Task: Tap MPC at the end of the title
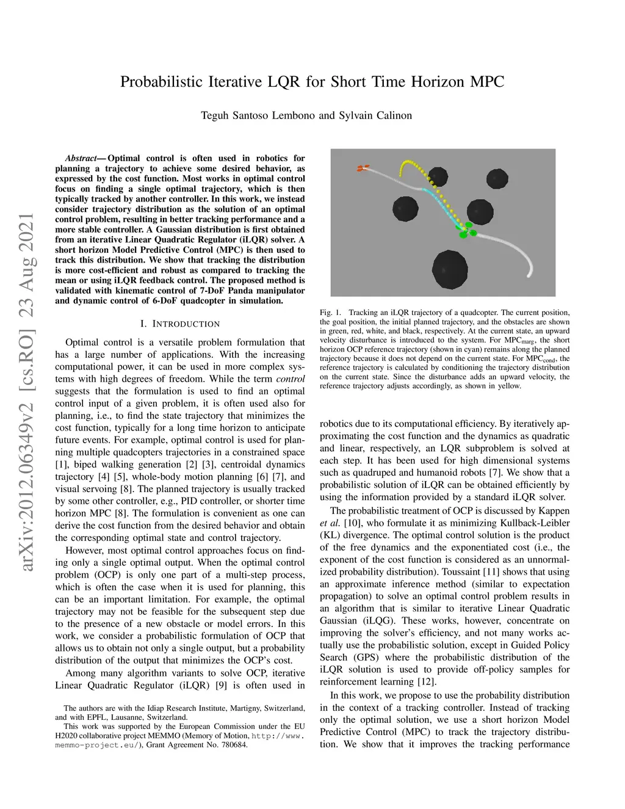tap(486, 82)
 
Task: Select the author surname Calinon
tap(392, 115)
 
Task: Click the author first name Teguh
tap(215, 115)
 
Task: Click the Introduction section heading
tap(180, 324)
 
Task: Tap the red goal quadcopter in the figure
tap(364, 168)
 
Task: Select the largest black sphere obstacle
tap(450, 269)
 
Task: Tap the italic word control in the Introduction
tap(291, 379)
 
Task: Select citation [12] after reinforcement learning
tap(427, 682)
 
